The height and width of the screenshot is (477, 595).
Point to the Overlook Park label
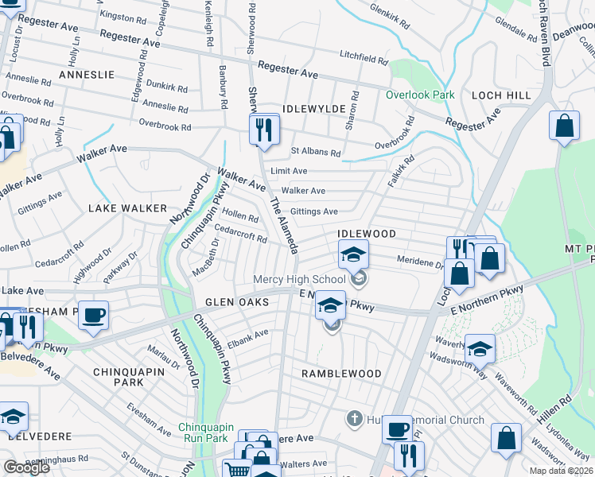click(420, 95)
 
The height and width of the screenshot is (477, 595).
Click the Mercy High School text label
click(298, 279)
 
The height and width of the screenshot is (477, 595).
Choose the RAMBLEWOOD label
click(341, 373)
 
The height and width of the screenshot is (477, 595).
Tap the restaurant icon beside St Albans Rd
click(264, 130)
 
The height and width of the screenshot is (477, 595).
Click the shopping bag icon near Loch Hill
click(564, 126)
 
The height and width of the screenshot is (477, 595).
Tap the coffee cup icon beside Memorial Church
click(397, 430)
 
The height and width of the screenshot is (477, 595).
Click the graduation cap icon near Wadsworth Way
click(480, 348)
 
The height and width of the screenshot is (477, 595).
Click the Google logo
click(26, 467)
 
